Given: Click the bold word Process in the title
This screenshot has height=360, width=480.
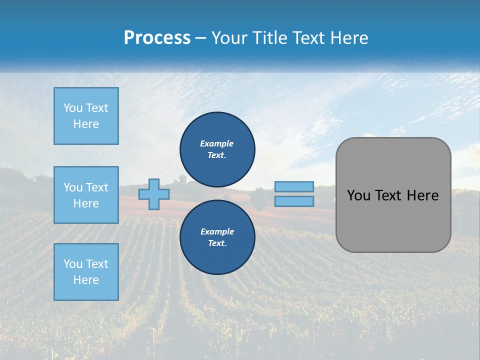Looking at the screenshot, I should point(157,38).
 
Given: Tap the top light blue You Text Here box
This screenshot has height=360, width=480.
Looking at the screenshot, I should point(86,116).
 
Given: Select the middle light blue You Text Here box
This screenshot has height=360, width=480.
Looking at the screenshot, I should point(86,195).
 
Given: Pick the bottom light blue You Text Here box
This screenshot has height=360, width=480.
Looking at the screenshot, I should point(86,271).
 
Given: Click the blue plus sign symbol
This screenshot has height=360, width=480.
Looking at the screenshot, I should point(153,194).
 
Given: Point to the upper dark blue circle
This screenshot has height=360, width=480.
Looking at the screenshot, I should point(217,149).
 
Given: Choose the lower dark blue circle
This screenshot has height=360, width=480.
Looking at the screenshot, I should point(217,237).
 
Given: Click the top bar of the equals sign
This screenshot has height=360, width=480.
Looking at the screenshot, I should point(294,186).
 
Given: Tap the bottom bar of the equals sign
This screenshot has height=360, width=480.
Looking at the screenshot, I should point(294,201).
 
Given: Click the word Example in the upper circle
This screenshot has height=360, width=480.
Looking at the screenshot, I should point(216,143).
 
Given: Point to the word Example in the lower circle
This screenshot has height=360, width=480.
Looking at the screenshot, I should point(216,231).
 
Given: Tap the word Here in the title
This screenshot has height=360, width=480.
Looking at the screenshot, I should point(349,38).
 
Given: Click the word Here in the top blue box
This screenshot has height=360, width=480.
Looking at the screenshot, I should point(86,124).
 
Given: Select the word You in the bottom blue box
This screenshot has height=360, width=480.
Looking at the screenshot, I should point(73,264).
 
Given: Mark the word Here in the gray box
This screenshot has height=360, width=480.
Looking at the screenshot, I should point(423,195).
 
